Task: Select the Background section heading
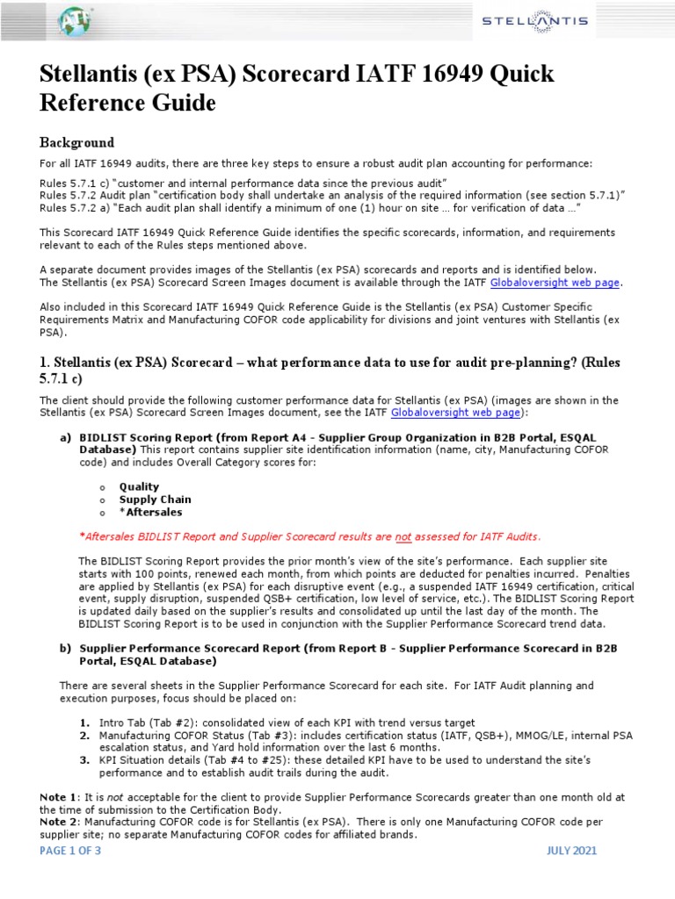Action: (x=77, y=142)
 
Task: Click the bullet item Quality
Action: (x=139, y=486)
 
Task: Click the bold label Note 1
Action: (x=60, y=796)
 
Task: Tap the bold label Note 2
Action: (x=60, y=822)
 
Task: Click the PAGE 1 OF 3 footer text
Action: (x=76, y=875)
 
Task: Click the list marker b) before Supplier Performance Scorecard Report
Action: (x=66, y=647)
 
